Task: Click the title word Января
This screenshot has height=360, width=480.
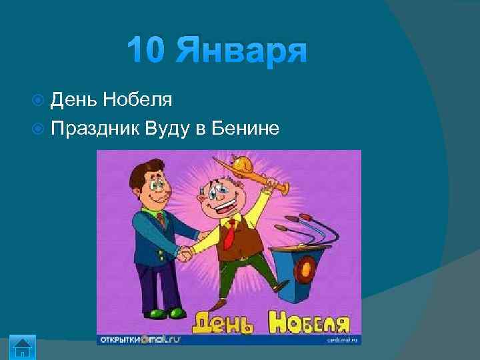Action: (x=242, y=51)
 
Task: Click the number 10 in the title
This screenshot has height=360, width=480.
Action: (x=148, y=51)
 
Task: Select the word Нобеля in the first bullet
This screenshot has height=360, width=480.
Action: (x=141, y=101)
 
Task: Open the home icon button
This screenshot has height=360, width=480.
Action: (x=23, y=347)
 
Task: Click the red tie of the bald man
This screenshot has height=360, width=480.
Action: (x=229, y=233)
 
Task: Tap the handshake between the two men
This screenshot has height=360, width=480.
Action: (x=185, y=253)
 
